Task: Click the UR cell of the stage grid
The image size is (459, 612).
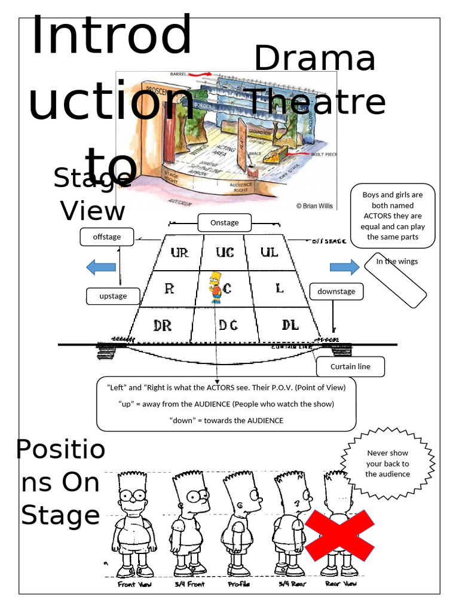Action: point(179,252)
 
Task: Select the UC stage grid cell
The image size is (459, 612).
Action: point(225,252)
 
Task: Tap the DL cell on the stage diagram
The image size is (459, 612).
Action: point(290,325)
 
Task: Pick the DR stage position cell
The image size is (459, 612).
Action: point(162,326)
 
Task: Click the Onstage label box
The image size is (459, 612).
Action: point(224,223)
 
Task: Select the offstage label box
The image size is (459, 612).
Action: point(106,237)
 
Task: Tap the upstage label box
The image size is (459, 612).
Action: point(113,296)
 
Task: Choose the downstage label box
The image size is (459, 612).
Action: point(336,292)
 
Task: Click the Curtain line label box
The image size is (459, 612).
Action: point(350,366)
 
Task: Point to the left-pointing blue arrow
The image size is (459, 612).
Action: point(101,267)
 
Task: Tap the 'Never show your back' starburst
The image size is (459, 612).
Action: point(388,464)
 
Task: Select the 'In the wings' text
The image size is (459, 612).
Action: point(397,262)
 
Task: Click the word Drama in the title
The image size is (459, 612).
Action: point(315,59)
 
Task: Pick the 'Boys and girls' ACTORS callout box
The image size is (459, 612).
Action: point(392,216)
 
